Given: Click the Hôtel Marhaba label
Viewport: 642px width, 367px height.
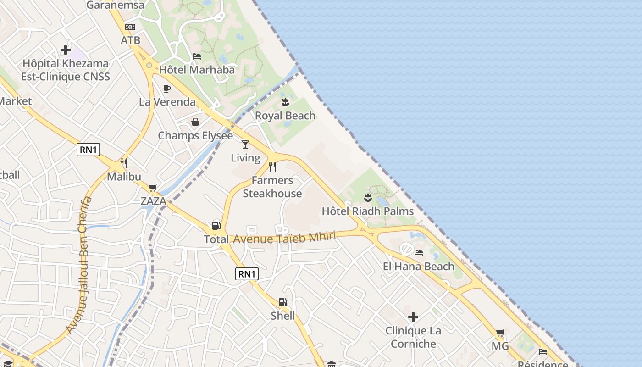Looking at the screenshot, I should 197,70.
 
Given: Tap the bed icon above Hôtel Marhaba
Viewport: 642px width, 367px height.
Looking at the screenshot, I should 197,56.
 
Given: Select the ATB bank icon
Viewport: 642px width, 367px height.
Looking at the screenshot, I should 130,27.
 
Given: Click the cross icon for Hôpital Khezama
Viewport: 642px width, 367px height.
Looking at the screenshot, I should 66,50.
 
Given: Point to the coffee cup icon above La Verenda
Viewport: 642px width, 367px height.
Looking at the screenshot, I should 167,89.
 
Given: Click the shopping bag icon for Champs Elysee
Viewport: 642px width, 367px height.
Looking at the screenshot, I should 195,122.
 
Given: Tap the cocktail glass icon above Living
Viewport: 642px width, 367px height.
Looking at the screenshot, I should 245,145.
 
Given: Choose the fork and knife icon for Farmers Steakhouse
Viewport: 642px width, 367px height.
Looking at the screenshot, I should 272,167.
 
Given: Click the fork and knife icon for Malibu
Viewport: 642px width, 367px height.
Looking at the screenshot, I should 124,163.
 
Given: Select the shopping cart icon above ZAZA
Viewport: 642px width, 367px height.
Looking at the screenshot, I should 153,188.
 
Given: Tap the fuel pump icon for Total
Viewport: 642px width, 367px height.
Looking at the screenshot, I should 216,226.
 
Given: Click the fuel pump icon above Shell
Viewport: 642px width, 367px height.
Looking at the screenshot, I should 282,302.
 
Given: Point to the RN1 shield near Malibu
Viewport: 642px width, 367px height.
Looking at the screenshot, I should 88,149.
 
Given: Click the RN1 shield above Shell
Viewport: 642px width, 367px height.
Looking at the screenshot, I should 247,274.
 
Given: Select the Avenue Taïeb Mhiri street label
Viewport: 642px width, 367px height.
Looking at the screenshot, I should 284,238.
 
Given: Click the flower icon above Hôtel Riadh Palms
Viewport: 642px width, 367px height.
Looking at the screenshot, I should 367,198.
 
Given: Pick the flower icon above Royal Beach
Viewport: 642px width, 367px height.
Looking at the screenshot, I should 285,102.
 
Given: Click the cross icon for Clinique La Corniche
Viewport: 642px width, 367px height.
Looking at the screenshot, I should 413,317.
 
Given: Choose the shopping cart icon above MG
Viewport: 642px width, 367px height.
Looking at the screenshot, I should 500,333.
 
